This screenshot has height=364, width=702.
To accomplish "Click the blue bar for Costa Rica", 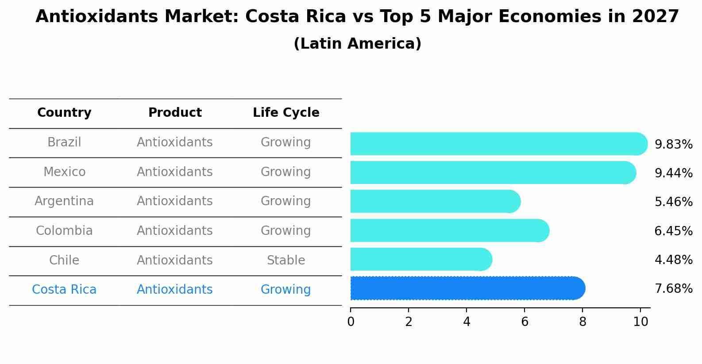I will [467, 288].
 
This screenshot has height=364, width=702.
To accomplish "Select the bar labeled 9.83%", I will [498, 144].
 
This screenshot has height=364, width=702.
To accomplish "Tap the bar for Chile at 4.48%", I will [420, 259].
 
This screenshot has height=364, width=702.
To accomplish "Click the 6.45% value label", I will [673, 231].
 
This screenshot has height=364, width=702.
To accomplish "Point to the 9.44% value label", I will [673, 173].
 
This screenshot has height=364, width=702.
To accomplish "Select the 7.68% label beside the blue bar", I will [673, 289].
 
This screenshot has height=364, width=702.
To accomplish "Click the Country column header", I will [64, 113].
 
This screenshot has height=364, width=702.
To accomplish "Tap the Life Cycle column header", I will [286, 113].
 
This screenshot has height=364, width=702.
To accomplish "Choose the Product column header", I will [175, 113].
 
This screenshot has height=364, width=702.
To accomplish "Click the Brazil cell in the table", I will [64, 142].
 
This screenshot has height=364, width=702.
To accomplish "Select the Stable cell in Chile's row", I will [286, 260].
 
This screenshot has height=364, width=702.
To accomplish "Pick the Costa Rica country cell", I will [64, 290].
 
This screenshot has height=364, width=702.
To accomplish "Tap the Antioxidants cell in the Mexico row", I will [175, 172].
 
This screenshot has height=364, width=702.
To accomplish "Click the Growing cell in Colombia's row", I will [286, 231].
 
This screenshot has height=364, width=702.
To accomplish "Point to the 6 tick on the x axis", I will [525, 322].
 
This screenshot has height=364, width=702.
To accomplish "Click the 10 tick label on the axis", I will [640, 322].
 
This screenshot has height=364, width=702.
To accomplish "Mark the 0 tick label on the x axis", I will [351, 322].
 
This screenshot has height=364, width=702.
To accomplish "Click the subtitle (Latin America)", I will [357, 44].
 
